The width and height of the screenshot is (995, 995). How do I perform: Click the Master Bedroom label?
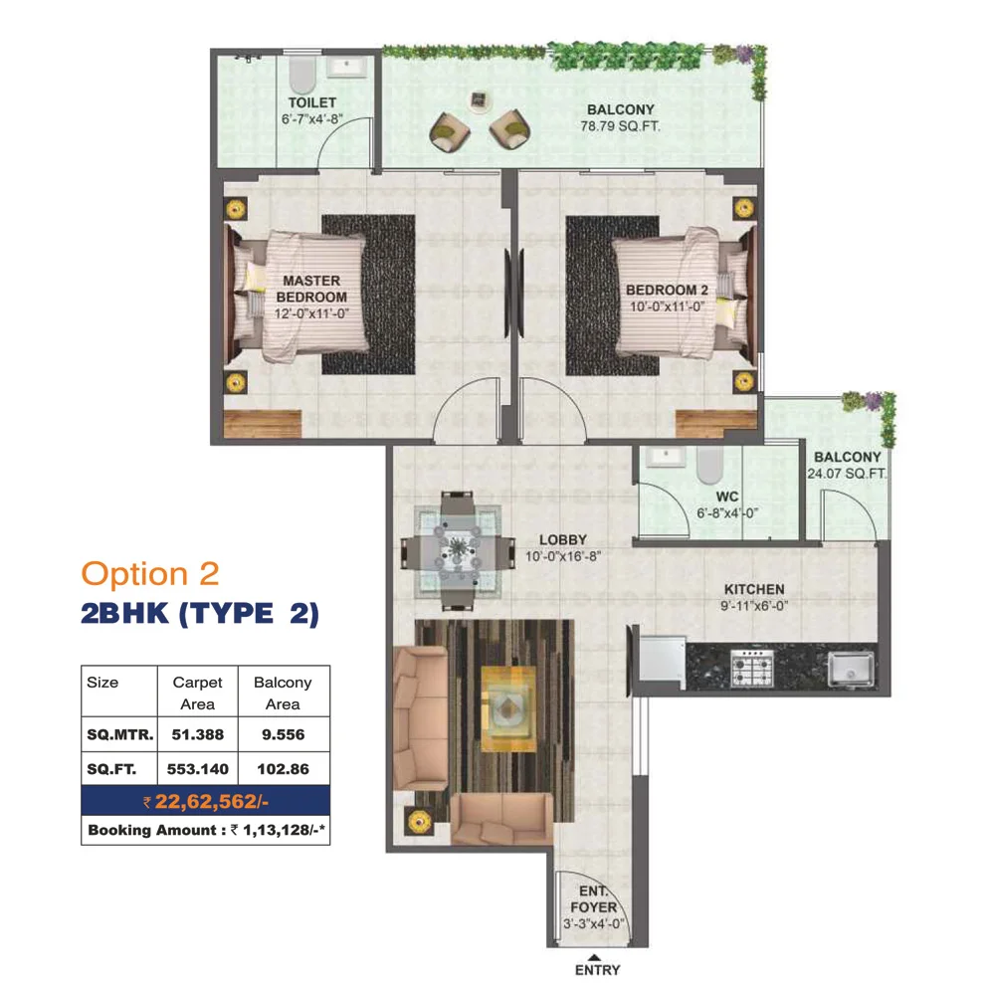tap(311, 289)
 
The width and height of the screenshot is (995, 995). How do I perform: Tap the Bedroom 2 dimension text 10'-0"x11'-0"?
tap(667, 307)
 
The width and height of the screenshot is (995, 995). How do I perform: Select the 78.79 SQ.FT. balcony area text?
tap(620, 126)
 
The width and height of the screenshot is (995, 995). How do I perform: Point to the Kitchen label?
tap(754, 589)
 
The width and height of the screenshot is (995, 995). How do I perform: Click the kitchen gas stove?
tap(752, 668)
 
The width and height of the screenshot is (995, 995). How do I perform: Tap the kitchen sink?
tap(851, 669)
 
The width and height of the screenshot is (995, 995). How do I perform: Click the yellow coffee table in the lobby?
tap(508, 708)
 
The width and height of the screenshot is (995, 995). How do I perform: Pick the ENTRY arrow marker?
tap(594, 957)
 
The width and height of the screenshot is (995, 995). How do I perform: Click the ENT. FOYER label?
tap(593, 899)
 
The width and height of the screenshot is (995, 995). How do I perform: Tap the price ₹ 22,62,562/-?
tap(206, 801)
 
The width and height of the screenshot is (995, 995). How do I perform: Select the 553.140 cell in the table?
tap(197, 769)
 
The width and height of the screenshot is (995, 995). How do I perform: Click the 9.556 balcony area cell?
tap(283, 734)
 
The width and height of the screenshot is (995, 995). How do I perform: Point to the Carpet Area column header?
tap(197, 693)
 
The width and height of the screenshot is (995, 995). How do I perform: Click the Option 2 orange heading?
tap(150, 574)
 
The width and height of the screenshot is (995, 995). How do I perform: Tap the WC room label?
tap(726, 497)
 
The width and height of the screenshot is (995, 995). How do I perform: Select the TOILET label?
tap(312, 102)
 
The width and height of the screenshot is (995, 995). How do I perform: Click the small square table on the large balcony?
tap(480, 100)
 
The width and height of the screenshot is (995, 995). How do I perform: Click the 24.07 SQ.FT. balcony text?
tap(847, 474)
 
